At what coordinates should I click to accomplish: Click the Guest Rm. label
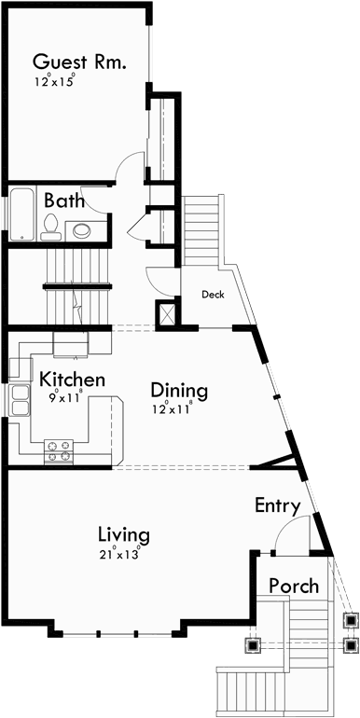click(79, 62)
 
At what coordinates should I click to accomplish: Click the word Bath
click(63, 200)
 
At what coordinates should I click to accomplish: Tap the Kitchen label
click(71, 380)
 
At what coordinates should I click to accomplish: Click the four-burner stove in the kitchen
click(60, 452)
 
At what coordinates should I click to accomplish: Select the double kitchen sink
click(19, 400)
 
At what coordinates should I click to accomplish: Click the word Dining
click(178, 390)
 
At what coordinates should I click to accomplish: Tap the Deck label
click(214, 294)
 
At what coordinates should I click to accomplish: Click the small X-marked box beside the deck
click(169, 314)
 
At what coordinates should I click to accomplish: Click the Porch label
click(294, 586)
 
